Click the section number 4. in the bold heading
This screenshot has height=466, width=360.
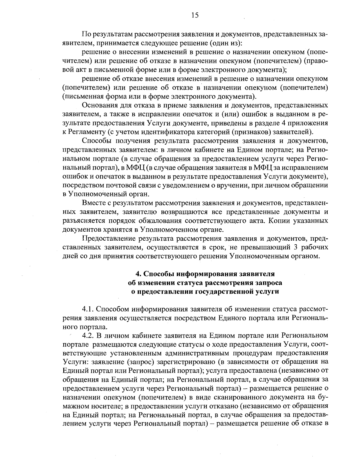(138, 274)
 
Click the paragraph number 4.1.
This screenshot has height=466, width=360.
(88, 309)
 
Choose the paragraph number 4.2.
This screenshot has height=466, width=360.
(88, 335)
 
